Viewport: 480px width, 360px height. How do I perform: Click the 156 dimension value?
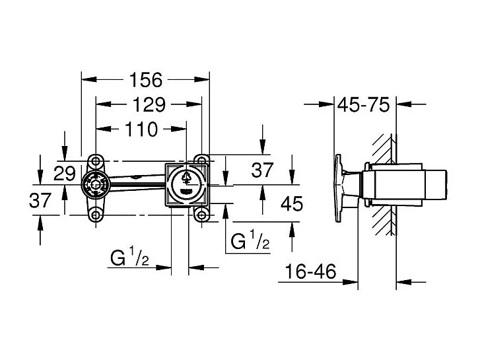[x=146, y=80]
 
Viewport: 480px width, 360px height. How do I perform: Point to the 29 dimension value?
[x=65, y=174]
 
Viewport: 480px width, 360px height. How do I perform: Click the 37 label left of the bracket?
[x=40, y=199]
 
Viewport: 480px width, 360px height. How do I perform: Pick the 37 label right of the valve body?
[x=263, y=170]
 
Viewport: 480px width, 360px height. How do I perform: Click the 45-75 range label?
[x=364, y=104]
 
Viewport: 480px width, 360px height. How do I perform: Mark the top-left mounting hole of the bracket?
[x=96, y=161]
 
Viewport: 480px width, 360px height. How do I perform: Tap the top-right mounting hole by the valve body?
[x=201, y=161]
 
